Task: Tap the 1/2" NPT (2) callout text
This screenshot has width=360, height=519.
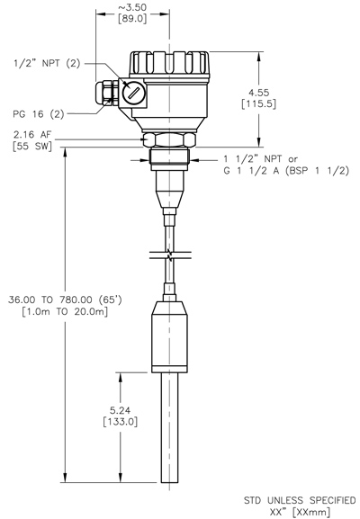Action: point(46,63)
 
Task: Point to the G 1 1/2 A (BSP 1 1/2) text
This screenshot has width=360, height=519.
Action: point(285,171)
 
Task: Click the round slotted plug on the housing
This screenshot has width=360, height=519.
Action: point(133,93)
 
